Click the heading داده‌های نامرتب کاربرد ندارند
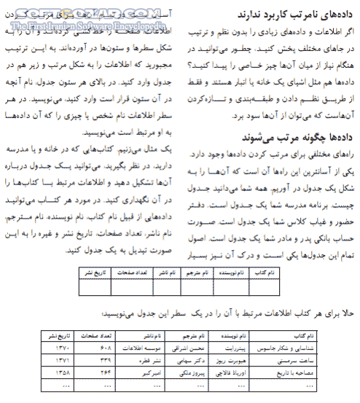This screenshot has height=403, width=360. coord(294,14)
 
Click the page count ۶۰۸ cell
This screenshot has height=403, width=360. coord(105,350)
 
